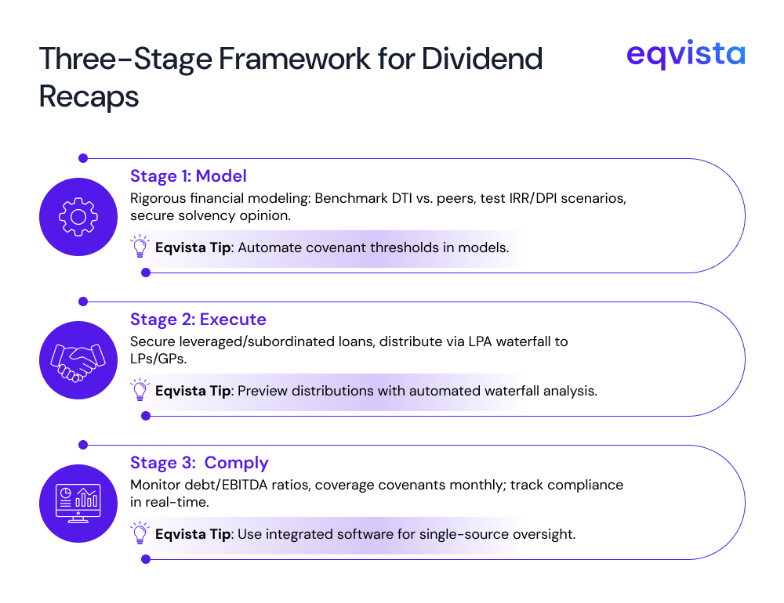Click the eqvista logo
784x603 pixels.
tap(686, 56)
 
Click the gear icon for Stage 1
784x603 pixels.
tap(78, 216)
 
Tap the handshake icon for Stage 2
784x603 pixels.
tap(78, 359)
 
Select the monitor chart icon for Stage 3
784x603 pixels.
tap(78, 503)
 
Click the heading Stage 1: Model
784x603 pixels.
tap(188, 175)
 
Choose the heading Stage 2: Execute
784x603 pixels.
tap(198, 320)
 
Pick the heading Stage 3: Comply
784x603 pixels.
tap(199, 462)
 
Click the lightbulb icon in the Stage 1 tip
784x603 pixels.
tap(140, 247)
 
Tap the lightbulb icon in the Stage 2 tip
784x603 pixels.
tap(140, 390)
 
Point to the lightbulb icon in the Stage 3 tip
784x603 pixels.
tap(140, 534)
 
